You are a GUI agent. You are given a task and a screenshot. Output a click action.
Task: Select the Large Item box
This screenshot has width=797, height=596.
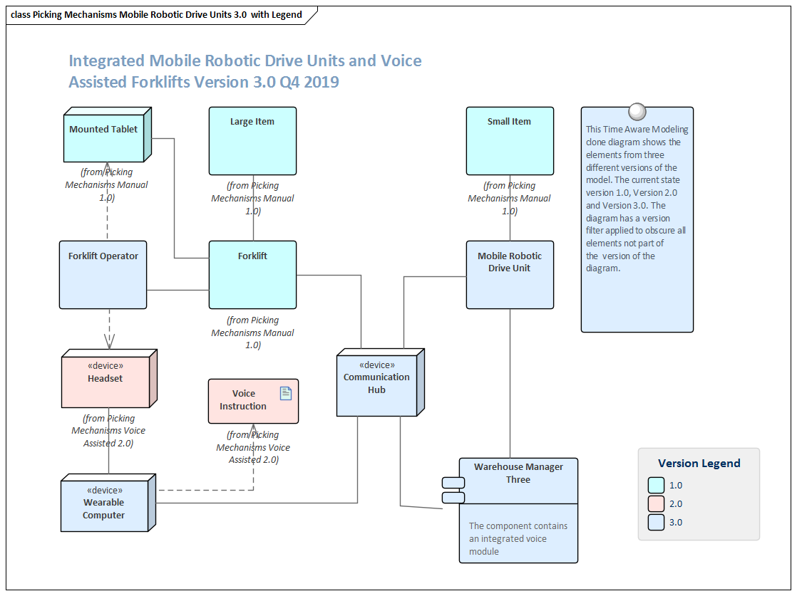pyautogui.click(x=252, y=141)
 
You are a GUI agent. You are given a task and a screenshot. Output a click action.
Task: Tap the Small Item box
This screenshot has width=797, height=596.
pyautogui.click(x=509, y=141)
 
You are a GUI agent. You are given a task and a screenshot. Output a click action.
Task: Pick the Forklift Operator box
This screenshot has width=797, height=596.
pyautogui.click(x=103, y=274)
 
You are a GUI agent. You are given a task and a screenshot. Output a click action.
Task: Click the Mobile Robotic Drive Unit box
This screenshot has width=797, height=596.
pyautogui.click(x=509, y=274)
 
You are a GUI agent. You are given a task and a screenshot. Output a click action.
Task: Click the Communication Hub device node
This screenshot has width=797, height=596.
pyautogui.click(x=376, y=385)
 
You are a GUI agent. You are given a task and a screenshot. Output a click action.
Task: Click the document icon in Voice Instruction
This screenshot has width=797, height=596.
pyautogui.click(x=286, y=393)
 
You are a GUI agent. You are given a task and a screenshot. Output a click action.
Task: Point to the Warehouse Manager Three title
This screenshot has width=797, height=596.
pyautogui.click(x=518, y=474)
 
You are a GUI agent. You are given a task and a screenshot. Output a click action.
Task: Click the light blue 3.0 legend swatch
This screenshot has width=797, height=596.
pyautogui.click(x=657, y=522)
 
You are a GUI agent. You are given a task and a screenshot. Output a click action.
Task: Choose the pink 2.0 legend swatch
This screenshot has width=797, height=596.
pyautogui.click(x=657, y=503)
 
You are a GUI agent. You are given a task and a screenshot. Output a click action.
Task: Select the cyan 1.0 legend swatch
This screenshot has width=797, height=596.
pyautogui.click(x=657, y=485)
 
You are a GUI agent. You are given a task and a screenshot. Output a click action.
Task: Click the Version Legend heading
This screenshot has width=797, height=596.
pyautogui.click(x=699, y=463)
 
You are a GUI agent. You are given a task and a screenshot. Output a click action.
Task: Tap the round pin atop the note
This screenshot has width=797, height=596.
pyautogui.click(x=637, y=112)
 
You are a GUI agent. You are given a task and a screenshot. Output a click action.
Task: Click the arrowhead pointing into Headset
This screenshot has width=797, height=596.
pyautogui.click(x=109, y=343)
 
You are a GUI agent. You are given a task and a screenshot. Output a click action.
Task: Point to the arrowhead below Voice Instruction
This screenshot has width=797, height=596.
pyautogui.click(x=253, y=429)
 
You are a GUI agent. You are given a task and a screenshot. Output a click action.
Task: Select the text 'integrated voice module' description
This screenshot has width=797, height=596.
pyautogui.click(x=518, y=539)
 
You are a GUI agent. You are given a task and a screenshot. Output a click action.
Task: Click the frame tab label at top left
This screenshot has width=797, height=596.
pyautogui.click(x=157, y=14)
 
